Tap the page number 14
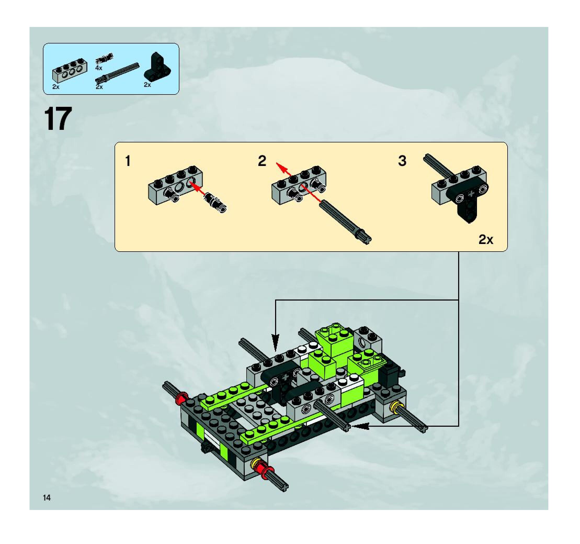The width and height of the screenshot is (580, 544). (x=47, y=498)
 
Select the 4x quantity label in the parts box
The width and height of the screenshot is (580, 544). (x=99, y=68)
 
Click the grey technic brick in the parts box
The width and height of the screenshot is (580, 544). (x=70, y=70)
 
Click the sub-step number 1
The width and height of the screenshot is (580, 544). (x=128, y=161)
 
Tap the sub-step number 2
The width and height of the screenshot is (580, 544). (x=262, y=161)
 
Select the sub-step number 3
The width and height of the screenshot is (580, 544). (x=402, y=161)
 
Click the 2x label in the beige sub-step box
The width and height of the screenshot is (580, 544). (x=486, y=240)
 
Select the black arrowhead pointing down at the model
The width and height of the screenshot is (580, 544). (x=275, y=342)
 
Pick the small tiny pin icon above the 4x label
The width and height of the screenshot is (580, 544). (x=104, y=58)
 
